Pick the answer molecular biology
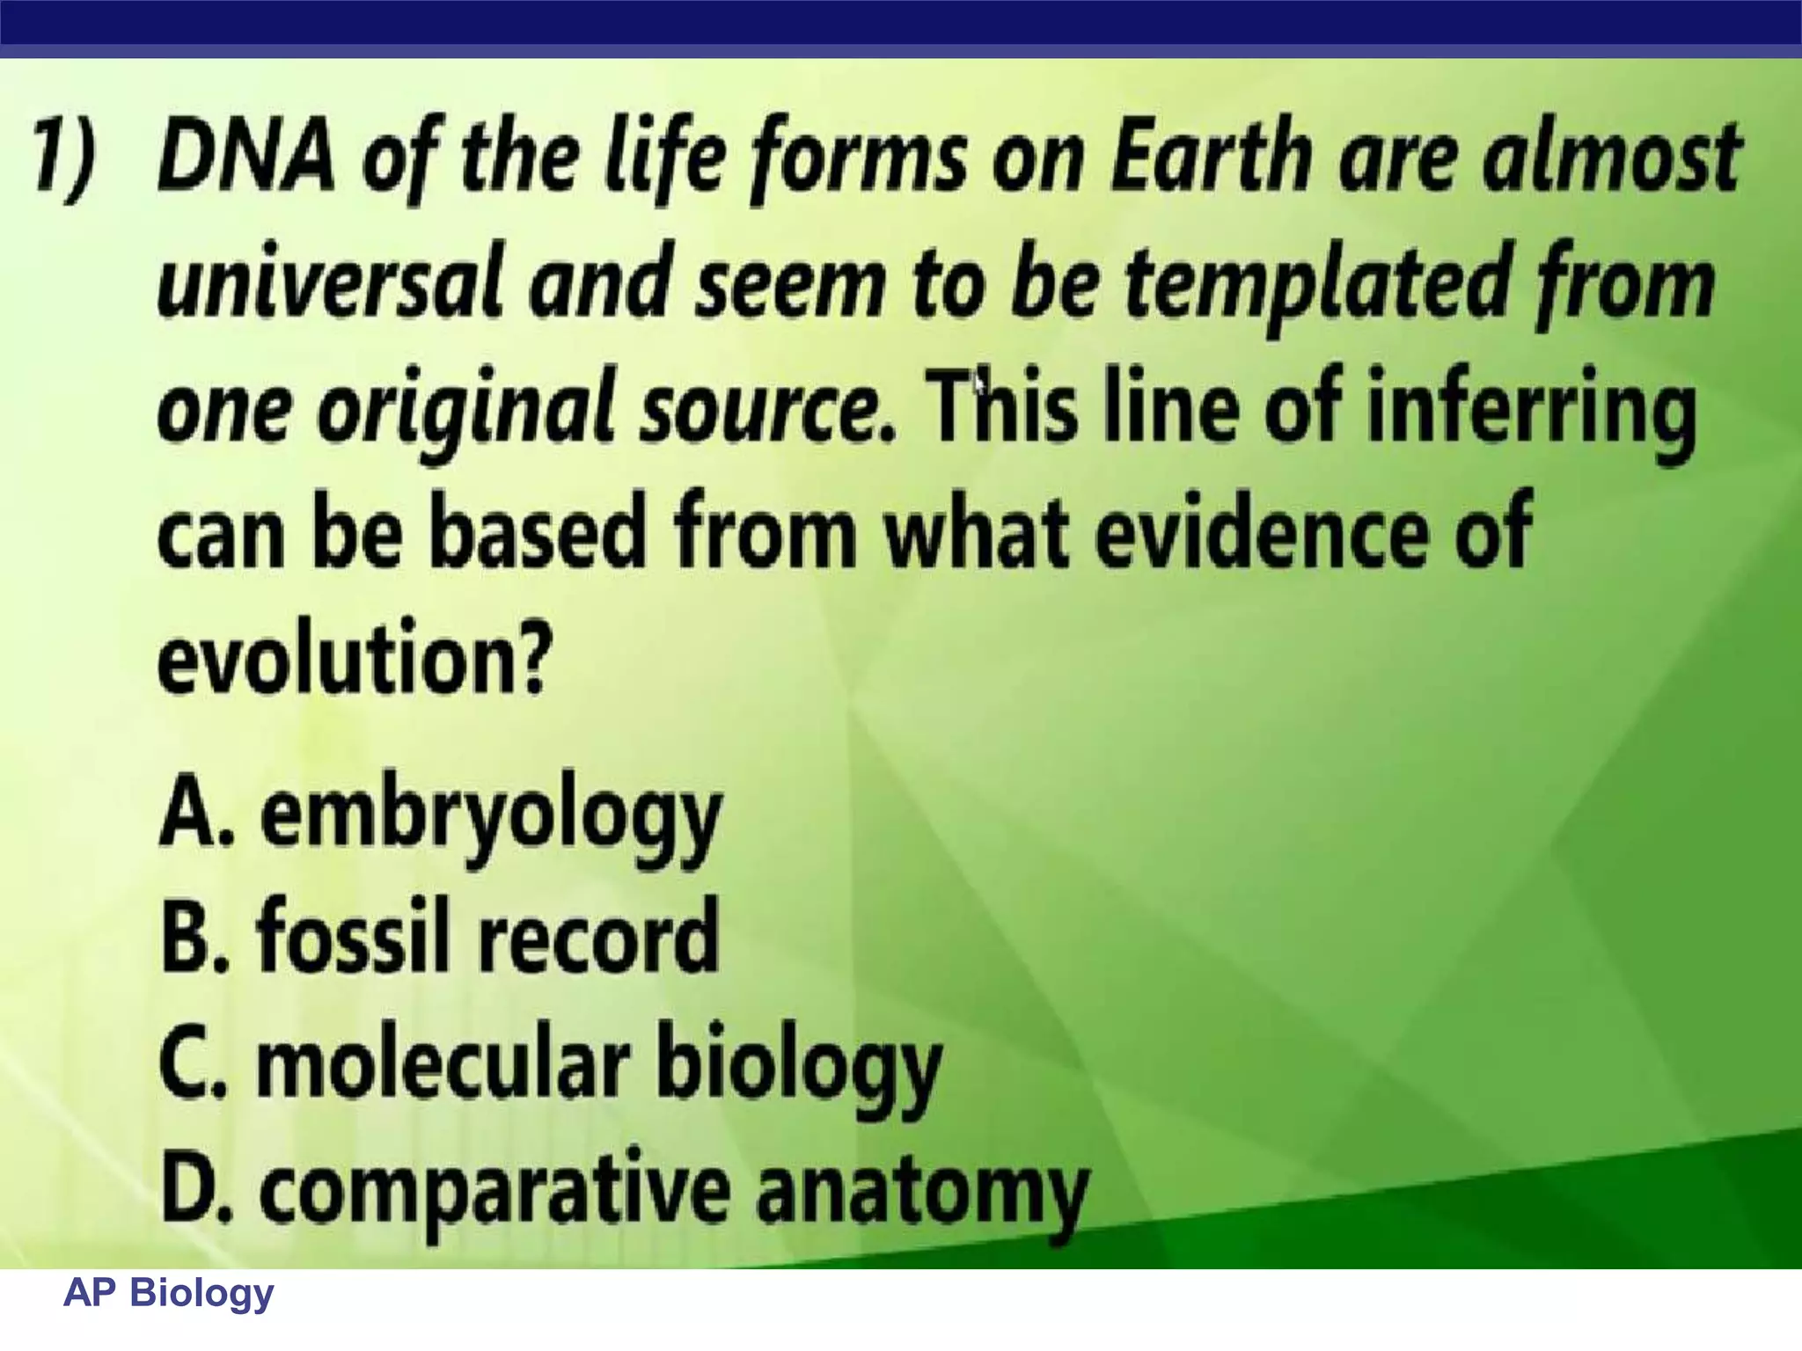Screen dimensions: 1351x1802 point(598,1064)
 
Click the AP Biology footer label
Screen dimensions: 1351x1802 point(169,1293)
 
